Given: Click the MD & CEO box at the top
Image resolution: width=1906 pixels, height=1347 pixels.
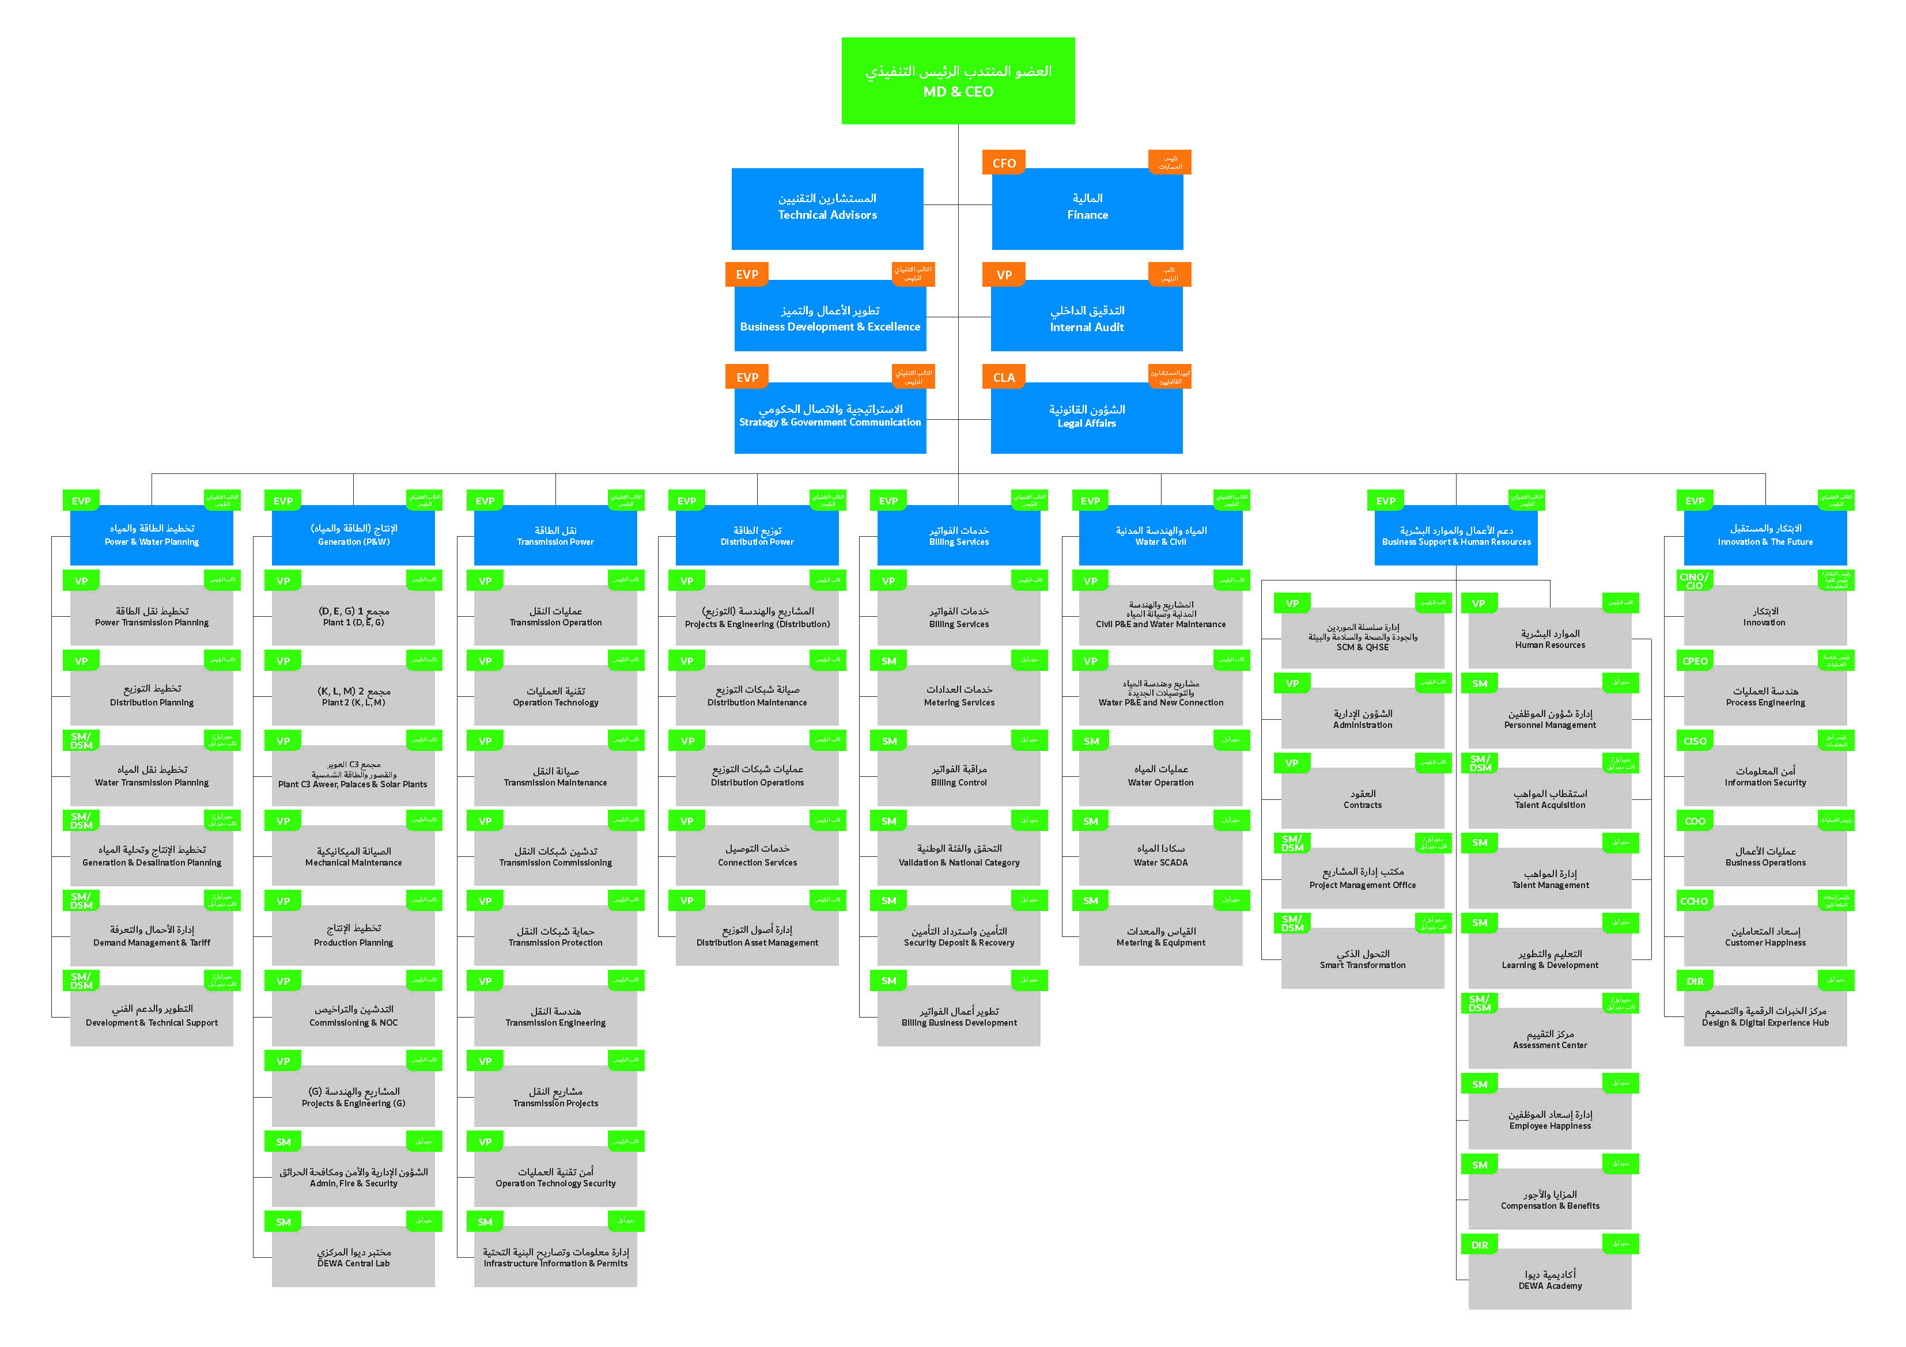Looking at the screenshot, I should (958, 81).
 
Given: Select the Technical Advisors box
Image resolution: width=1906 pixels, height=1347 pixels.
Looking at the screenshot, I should (827, 208).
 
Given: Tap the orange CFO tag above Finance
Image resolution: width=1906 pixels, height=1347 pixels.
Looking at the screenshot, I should (1004, 162).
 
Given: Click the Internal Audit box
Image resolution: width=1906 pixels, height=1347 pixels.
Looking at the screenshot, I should (1086, 318).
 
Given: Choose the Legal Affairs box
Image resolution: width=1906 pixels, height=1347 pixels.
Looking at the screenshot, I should (1086, 418).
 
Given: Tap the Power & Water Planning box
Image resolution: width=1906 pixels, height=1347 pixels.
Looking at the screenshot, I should (152, 536).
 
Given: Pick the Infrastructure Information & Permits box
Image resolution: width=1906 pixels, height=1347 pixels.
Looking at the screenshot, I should (555, 1257).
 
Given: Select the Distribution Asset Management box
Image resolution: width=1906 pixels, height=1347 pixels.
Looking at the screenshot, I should (757, 936).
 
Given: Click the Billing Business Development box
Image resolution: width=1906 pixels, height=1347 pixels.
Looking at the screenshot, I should (959, 1016).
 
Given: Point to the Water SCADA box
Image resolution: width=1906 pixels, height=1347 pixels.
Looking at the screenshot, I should (1160, 856).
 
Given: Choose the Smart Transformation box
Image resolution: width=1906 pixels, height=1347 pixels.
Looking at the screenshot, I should (1362, 959).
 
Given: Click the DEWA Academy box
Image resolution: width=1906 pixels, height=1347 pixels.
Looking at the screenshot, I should (1550, 1279).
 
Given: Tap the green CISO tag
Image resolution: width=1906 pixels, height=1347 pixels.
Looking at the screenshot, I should (1695, 741).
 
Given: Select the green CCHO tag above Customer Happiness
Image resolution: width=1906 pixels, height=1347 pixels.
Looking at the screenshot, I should (1695, 901).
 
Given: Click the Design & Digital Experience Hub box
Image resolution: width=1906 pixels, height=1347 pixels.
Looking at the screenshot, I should (1765, 1016).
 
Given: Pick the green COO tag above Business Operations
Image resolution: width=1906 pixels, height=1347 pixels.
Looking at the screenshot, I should (1695, 821).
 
